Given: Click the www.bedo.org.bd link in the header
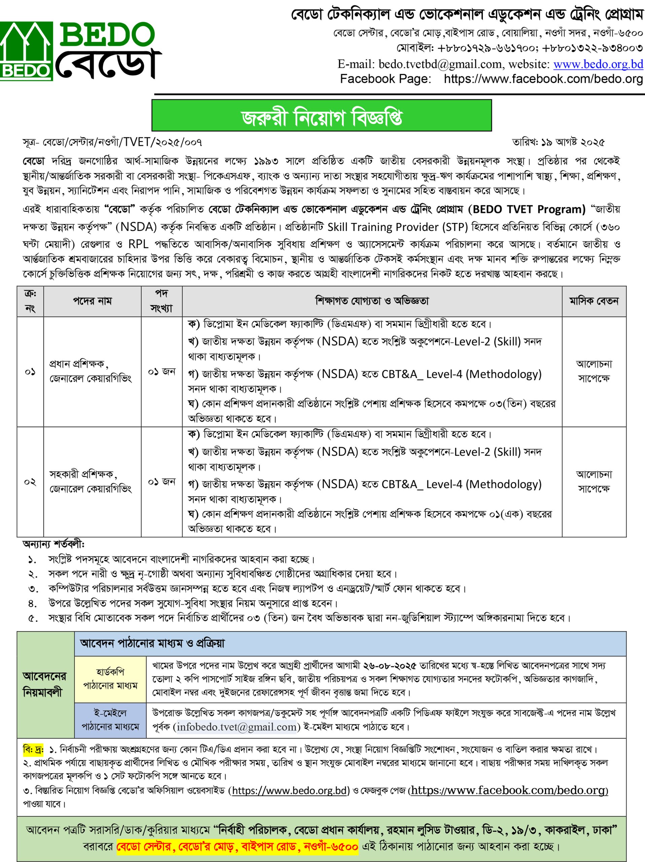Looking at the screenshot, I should [x=598, y=64].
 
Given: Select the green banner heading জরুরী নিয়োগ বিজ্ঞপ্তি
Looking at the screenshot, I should [x=321, y=116].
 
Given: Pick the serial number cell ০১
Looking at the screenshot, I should [x=30, y=372].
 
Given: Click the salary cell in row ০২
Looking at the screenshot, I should [x=594, y=482].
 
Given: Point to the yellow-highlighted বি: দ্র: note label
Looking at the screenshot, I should [x=33, y=750].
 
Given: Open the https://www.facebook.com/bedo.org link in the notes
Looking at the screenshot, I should [x=509, y=790].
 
